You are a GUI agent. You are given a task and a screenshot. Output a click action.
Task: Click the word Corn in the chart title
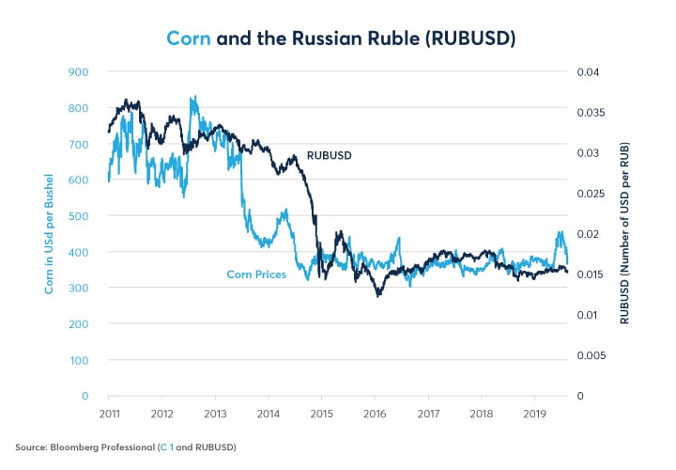coord(188,39)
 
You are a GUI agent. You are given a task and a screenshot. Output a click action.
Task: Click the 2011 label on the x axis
coord(109,412)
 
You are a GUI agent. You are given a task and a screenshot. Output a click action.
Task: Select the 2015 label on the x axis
coord(322,412)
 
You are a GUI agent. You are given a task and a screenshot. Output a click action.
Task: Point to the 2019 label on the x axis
coord(535,412)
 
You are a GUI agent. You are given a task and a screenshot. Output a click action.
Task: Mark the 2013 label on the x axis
coord(215,412)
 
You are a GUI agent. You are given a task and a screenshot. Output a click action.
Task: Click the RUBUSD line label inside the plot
coord(330,155)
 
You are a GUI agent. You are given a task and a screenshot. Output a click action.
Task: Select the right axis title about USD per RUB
coord(625,234)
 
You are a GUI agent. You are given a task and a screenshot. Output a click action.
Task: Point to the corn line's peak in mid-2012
coord(193,97)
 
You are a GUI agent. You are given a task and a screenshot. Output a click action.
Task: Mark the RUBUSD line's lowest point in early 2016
coord(378,296)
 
